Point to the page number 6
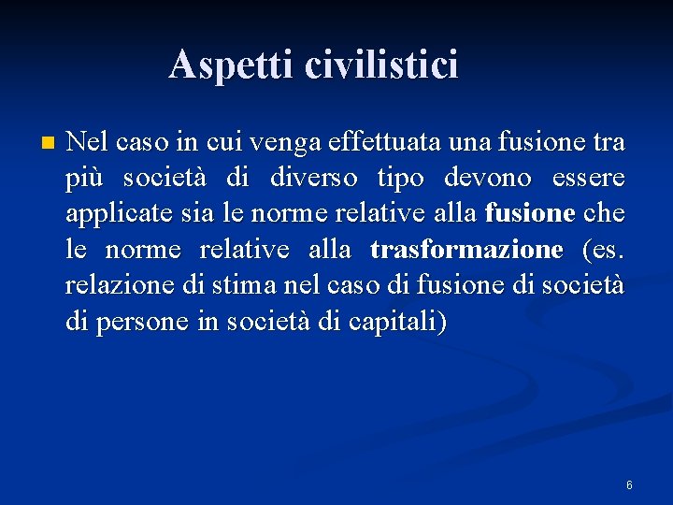(629, 485)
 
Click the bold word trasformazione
(466, 251)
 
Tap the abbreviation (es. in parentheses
(604, 251)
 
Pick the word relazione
(109, 286)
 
